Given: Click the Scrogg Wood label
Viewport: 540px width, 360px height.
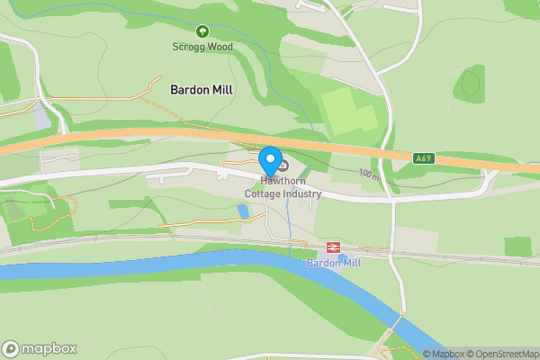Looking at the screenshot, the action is [202, 47].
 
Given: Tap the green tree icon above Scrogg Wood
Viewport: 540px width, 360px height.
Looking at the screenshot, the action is [202, 31].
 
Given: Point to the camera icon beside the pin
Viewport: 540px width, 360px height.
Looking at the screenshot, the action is [283, 165].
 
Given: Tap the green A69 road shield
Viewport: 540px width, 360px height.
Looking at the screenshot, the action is [424, 158].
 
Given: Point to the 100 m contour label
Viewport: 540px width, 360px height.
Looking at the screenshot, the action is [368, 174].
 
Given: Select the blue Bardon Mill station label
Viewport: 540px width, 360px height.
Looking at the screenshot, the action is [333, 263].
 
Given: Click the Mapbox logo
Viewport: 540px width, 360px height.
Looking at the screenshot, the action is [40, 348].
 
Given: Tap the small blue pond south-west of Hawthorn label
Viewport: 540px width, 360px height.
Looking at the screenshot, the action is [242, 211].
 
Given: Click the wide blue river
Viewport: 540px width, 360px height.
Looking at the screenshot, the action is [180, 265].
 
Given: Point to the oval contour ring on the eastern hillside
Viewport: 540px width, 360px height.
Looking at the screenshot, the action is [470, 84].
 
